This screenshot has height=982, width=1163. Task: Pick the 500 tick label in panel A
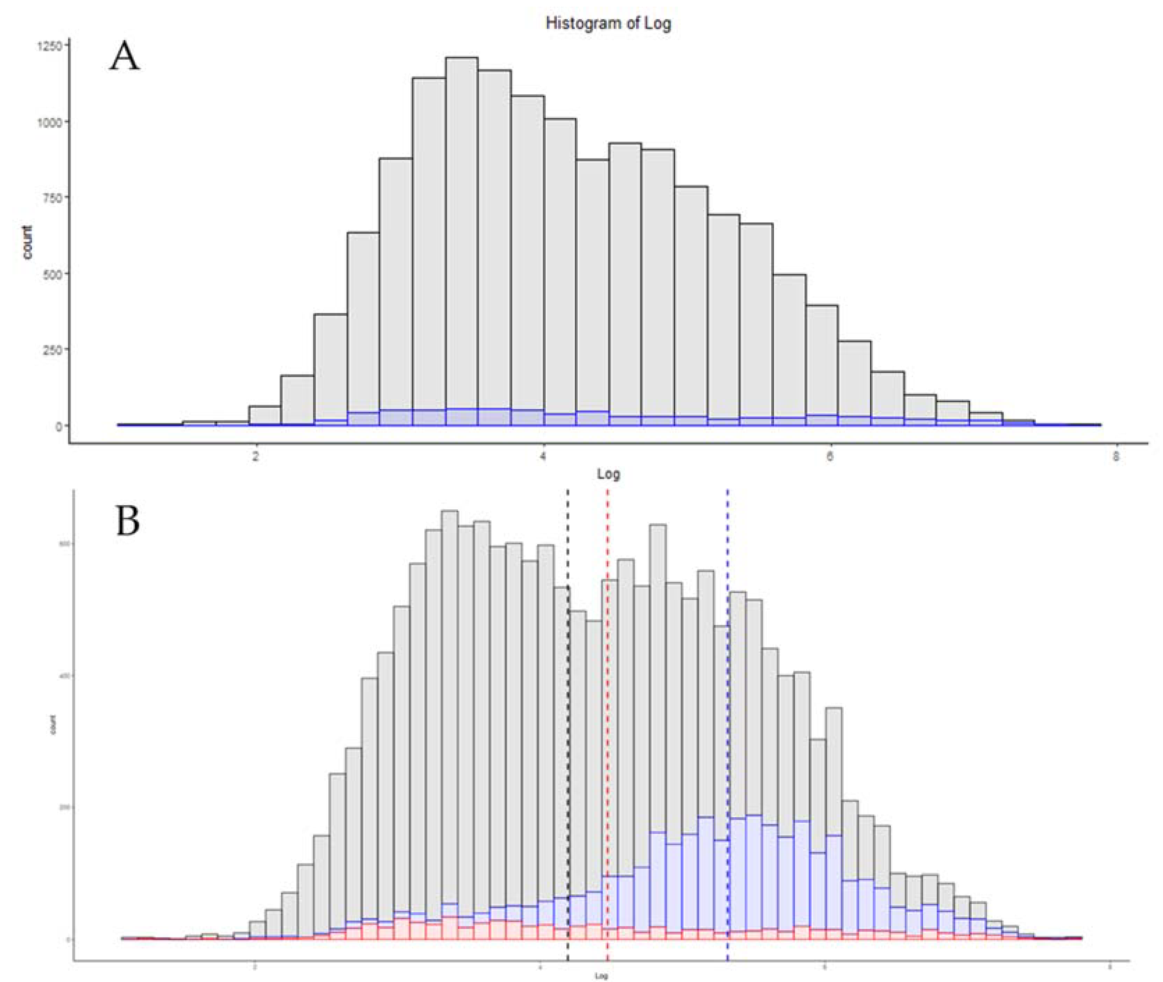tap(54, 273)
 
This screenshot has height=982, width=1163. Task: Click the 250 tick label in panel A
tap(54, 349)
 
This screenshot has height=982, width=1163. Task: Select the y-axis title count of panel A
tap(27, 242)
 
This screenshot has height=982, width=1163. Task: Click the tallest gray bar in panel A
tap(462, 239)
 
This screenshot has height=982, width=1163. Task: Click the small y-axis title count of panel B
tap(54, 728)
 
